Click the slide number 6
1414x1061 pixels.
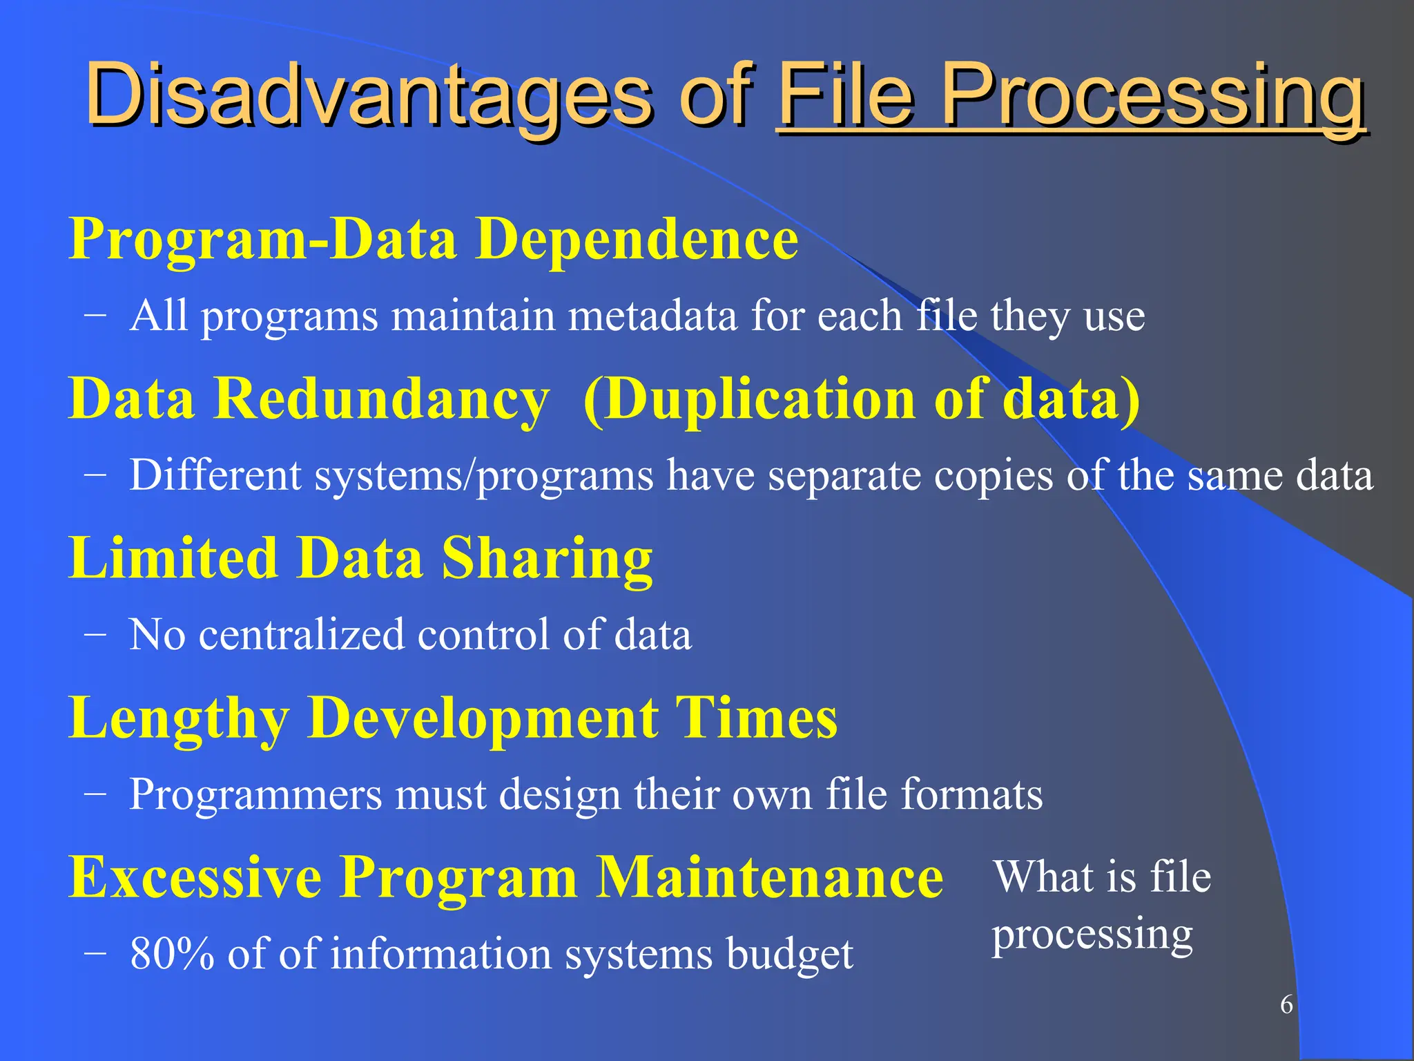1286,1004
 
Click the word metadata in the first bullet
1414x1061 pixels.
652,316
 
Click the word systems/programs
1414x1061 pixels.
484,476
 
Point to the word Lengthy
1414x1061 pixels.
180,718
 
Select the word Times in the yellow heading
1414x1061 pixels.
755,718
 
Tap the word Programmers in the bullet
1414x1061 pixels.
255,794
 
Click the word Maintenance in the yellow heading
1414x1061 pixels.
769,877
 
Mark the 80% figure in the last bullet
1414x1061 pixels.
172,954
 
